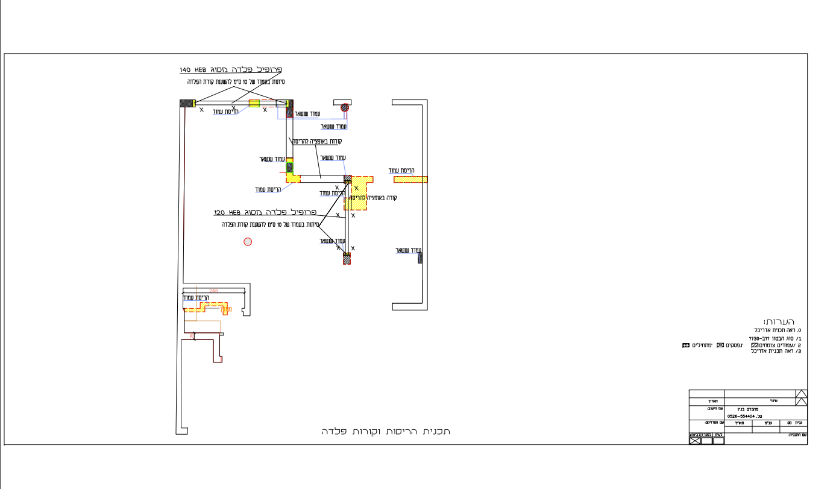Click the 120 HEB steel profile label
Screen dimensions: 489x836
pos(265,213)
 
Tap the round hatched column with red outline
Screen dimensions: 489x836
pos(344,108)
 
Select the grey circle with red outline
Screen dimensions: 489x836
pos(247,242)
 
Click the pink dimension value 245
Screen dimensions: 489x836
pos(213,291)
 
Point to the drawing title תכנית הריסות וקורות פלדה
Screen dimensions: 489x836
pos(386,432)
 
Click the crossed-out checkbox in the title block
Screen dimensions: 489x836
pos(695,441)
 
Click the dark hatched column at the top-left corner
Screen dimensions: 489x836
pos(186,103)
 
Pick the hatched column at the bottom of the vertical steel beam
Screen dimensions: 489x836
pos(347,259)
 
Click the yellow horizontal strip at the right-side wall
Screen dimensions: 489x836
pos(410,179)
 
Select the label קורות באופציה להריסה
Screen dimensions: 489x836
pos(317,141)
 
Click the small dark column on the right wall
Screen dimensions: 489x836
pos(420,258)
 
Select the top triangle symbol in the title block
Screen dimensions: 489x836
pos(802,394)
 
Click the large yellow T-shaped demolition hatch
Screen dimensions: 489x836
pos(360,191)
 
